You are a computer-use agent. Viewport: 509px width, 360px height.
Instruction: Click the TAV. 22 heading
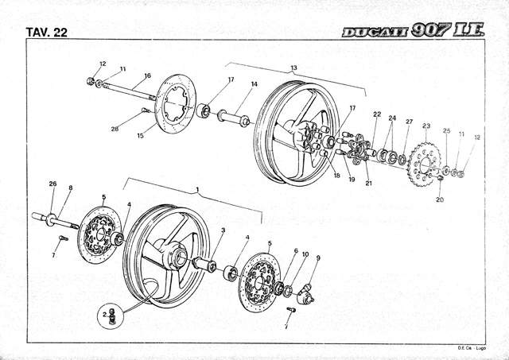click(45, 32)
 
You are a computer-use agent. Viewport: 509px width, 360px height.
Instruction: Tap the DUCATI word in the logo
click(373, 32)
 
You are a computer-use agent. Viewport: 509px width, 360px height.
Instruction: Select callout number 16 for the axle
click(146, 77)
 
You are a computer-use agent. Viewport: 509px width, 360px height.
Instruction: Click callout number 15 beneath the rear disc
click(140, 136)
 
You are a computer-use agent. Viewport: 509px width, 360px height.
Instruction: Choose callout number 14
click(254, 84)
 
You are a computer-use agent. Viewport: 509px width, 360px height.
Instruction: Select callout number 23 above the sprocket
click(426, 126)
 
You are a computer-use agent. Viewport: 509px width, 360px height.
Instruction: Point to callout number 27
click(409, 122)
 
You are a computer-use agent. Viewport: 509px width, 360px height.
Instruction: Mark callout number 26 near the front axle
click(52, 184)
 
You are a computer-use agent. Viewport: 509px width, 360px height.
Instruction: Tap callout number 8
click(70, 188)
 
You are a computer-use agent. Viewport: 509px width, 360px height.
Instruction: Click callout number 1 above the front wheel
click(196, 191)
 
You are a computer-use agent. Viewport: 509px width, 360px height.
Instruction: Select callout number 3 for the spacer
click(223, 230)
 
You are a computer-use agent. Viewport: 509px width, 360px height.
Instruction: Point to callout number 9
click(318, 257)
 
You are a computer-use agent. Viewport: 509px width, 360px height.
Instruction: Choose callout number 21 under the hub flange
click(368, 183)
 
